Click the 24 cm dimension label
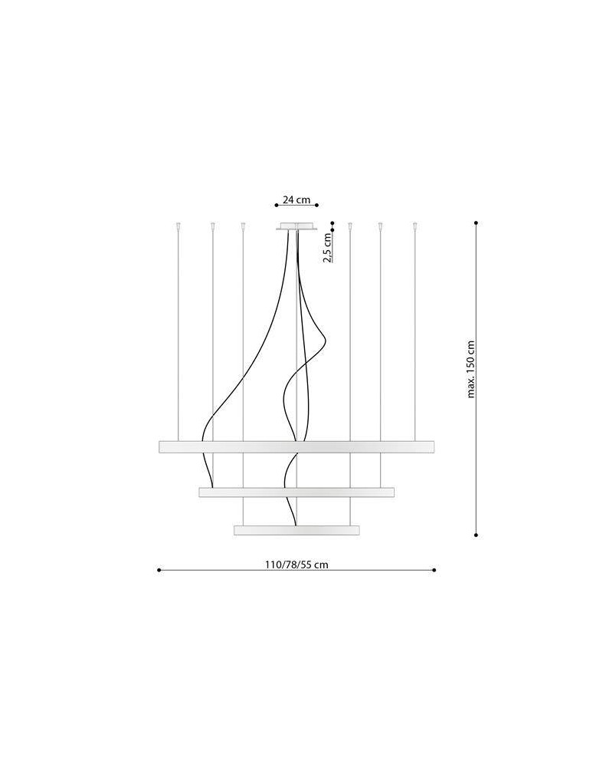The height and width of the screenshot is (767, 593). (x=296, y=199)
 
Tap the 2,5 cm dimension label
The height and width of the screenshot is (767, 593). (x=327, y=247)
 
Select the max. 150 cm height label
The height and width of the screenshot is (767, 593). (x=471, y=370)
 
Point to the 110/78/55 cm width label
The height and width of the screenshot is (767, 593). (x=296, y=565)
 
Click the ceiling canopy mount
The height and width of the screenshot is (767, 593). (x=296, y=226)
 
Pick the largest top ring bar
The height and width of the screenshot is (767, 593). (x=296, y=447)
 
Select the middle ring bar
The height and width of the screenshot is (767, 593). (x=296, y=492)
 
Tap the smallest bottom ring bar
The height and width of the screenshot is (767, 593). (x=296, y=530)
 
